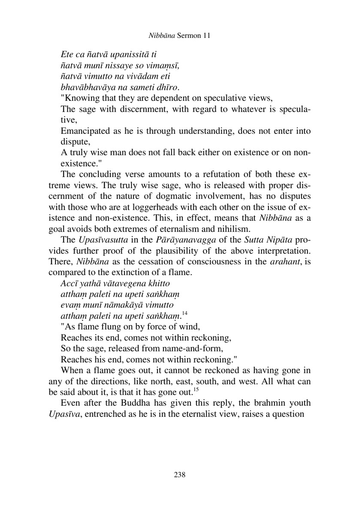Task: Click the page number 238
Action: [x=179, y=475]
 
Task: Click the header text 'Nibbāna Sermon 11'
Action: [x=179, y=36]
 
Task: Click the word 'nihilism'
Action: [x=233, y=229]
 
